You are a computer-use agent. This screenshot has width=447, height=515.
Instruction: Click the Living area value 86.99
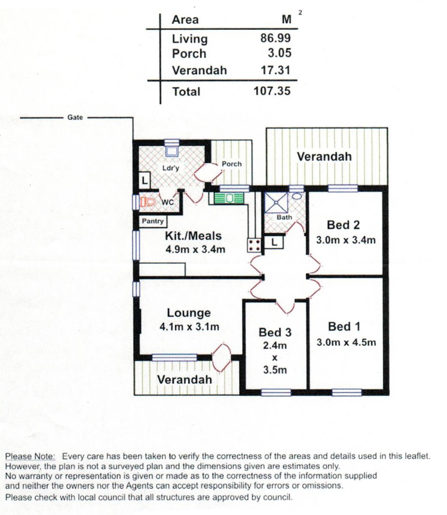tap(275, 38)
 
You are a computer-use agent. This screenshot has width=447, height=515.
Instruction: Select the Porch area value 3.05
tap(279, 53)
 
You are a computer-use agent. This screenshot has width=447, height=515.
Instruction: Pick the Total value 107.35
tap(272, 91)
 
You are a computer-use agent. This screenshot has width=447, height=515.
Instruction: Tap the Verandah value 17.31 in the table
tap(276, 70)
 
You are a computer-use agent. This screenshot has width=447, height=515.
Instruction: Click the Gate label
tap(75, 117)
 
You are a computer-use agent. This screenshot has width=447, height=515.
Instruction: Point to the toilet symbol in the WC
tap(148, 201)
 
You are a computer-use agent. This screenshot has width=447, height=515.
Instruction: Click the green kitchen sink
tap(229, 198)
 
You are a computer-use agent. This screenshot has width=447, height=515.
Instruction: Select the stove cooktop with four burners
tap(254, 245)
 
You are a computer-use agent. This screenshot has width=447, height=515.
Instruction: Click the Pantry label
tap(152, 221)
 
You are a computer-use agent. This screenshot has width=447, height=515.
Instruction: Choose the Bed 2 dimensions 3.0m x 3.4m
tap(346, 240)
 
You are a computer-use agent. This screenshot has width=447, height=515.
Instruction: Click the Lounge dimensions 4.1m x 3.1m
tap(189, 327)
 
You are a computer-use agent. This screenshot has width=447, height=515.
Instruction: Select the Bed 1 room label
tap(344, 327)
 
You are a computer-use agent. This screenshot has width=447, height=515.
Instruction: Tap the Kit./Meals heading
tap(193, 236)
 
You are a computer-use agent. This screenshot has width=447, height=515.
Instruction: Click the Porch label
tap(232, 164)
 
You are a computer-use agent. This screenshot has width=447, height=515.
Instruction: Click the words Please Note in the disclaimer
tap(30, 457)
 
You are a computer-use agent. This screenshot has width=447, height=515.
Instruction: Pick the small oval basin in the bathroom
tap(298, 196)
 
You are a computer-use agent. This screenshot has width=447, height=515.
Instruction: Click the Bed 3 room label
tap(275, 332)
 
